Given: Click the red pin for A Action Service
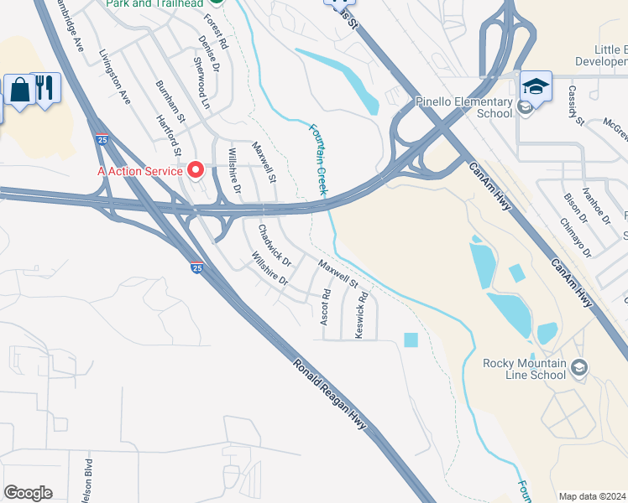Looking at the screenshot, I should [x=197, y=170].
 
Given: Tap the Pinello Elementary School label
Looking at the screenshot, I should [x=464, y=107].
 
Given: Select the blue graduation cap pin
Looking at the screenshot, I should [x=536, y=86].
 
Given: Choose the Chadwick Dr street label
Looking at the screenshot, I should [x=275, y=244].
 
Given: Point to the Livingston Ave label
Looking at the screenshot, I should [x=114, y=77].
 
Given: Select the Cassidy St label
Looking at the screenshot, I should [x=575, y=105].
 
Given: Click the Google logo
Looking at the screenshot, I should [x=29, y=493].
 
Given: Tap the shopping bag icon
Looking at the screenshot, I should [x=19, y=88].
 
